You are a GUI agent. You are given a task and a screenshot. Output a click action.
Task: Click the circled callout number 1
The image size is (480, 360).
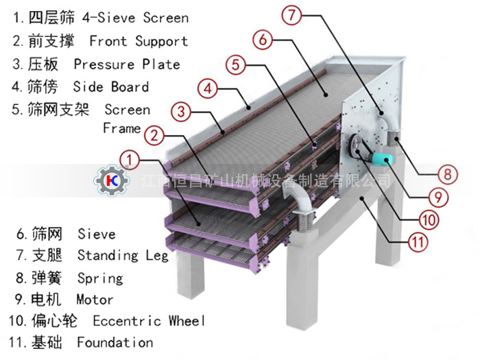click(x=132, y=160)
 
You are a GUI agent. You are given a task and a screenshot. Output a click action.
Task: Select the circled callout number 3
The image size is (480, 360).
click(x=180, y=111)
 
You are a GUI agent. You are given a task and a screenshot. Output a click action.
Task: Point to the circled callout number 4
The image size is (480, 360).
click(x=208, y=88)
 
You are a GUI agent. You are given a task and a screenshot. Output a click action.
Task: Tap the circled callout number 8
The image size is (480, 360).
click(x=447, y=173)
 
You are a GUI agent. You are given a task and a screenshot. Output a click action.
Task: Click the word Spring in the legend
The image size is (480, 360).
click(x=100, y=278)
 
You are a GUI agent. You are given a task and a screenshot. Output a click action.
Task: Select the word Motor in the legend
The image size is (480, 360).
click(x=95, y=300)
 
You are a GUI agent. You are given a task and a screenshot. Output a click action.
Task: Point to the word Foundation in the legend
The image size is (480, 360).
click(x=115, y=342)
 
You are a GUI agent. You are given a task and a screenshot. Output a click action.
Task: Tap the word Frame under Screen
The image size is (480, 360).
click(x=121, y=128)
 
